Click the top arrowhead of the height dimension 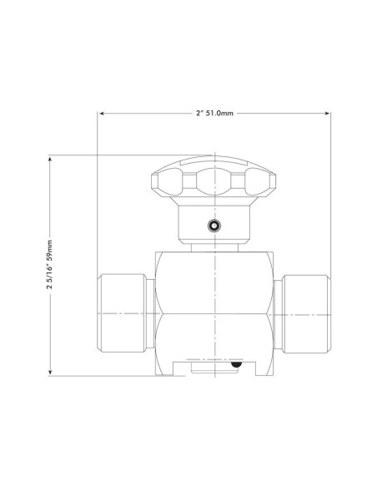pyautogui.click(x=50, y=157)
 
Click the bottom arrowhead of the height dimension pyautogui.click(x=50, y=374)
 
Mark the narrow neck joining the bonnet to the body pyautogui.click(x=215, y=247)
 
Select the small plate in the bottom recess pyautogui.click(x=214, y=365)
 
